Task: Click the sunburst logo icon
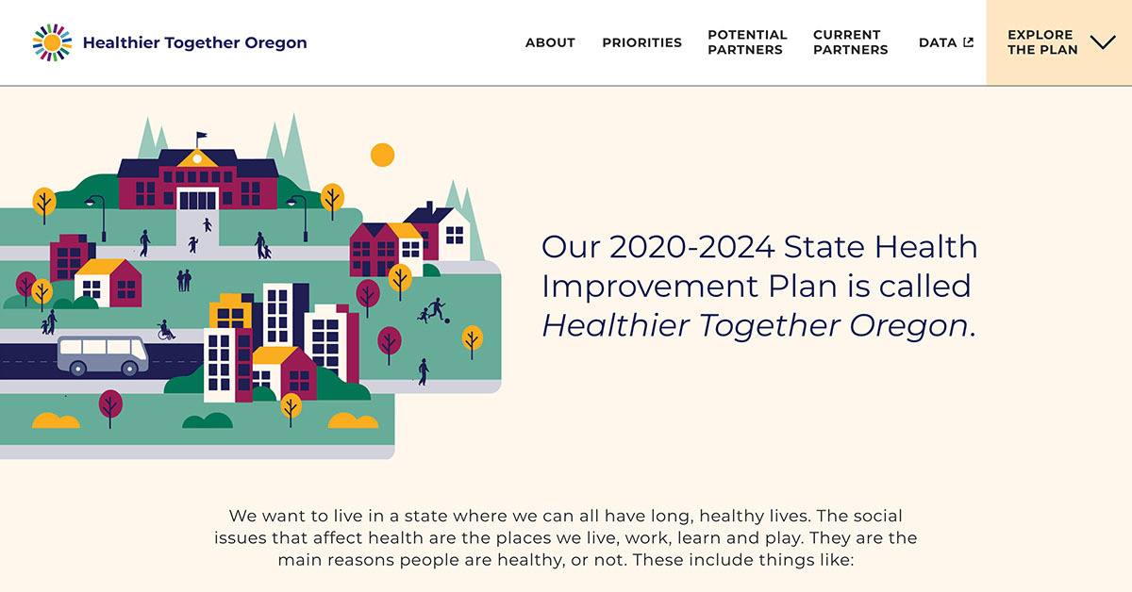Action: [52, 42]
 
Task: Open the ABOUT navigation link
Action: [550, 42]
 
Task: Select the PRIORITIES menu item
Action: [641, 42]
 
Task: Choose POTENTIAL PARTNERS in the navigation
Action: [747, 42]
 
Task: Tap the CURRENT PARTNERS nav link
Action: [851, 42]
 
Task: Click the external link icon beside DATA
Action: [968, 42]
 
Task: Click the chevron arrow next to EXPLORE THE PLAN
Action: [1103, 42]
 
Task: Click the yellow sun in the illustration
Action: [383, 155]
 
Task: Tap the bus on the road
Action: [103, 355]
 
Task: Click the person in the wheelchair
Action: [165, 330]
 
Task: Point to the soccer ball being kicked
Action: [447, 321]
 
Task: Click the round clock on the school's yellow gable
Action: [197, 158]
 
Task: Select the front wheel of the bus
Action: [129, 369]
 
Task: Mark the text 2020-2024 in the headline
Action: [691, 247]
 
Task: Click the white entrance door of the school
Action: [197, 199]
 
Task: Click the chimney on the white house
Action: [429, 206]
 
